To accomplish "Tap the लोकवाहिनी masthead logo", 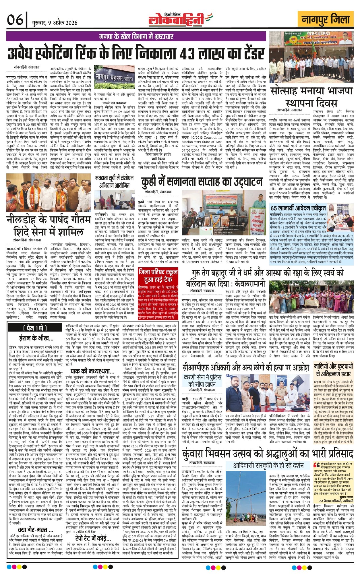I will [177, 20].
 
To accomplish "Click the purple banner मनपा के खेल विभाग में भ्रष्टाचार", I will [136, 37].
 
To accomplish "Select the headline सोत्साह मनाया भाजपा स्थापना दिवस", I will [314, 97].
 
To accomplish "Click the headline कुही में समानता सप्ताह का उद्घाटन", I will [202, 181].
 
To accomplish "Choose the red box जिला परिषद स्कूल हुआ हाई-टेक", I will [158, 276].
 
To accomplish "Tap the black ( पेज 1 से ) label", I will [35, 328].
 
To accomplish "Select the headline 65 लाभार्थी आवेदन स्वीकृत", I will [298, 208].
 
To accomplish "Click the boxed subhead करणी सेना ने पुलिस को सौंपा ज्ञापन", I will [203, 380].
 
